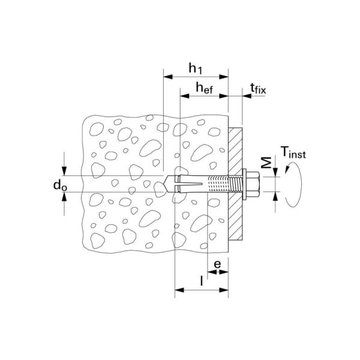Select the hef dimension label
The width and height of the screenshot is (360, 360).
click(205, 88)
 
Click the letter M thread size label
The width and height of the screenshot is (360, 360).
click(266, 163)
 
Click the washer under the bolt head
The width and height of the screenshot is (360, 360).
click(245, 183)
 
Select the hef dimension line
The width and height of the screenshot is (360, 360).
click(204, 96)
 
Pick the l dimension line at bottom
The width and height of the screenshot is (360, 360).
click(202, 290)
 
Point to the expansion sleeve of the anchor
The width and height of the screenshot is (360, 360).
click(189, 183)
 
